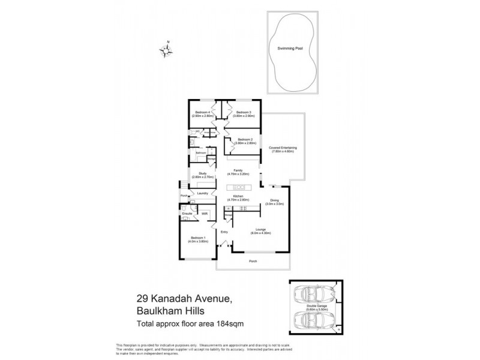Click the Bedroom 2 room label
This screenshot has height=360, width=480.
(x=244, y=141)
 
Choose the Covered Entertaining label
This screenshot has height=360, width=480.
(x=283, y=149)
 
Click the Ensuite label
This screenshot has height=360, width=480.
(x=187, y=213)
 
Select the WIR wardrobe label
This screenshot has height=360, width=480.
(x=204, y=213)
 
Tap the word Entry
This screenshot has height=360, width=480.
(x=224, y=232)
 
